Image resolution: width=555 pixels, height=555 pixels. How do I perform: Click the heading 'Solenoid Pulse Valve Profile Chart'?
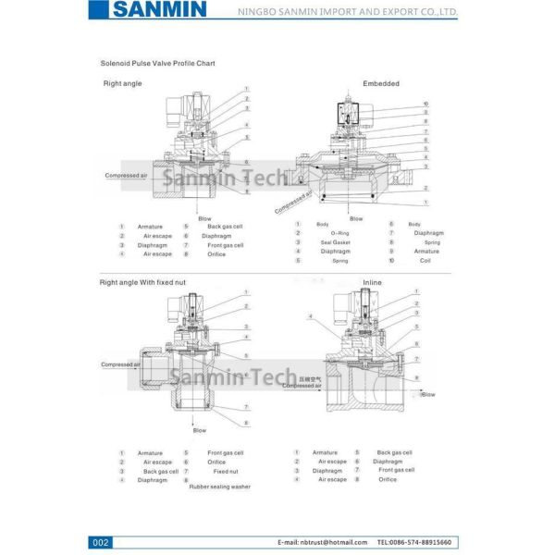tap(157, 63)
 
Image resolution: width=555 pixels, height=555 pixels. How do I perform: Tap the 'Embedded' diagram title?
tap(381, 83)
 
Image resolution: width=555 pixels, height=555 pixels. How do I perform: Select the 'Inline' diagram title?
tap(372, 282)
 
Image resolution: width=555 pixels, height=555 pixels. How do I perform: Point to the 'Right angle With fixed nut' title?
tap(143, 281)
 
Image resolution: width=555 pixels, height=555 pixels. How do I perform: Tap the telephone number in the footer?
tap(414, 541)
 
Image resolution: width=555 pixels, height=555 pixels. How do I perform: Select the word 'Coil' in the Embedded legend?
tap(425, 261)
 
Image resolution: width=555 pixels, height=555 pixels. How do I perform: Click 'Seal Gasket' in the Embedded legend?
tap(335, 242)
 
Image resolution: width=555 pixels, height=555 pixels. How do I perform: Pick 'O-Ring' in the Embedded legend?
tap(339, 233)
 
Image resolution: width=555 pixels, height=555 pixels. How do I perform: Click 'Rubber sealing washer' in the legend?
tap(219, 487)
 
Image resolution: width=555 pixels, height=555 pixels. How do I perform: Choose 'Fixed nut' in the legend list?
tap(226, 471)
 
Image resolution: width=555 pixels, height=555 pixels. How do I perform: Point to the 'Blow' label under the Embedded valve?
tap(356, 218)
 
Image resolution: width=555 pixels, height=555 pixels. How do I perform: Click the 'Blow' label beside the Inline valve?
tap(427, 394)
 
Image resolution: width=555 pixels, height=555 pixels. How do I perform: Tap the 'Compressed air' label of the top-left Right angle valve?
tap(125, 175)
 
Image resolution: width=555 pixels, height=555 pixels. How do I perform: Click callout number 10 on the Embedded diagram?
tap(425, 103)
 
